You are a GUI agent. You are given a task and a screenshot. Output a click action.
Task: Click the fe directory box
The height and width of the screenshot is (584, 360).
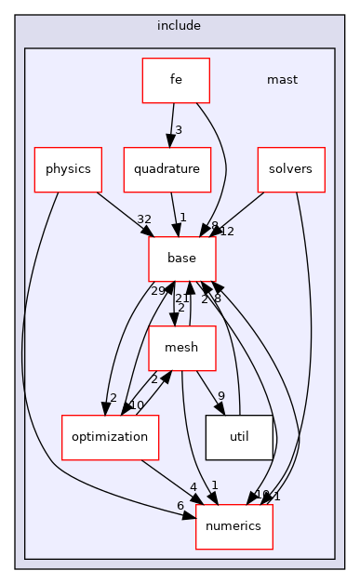point(175,80)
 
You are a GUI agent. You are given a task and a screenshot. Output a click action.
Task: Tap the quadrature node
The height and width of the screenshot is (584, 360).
point(167,169)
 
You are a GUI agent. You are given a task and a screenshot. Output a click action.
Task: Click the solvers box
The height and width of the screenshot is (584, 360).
point(291,169)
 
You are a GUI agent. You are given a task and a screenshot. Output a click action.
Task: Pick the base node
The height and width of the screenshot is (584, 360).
point(182,259)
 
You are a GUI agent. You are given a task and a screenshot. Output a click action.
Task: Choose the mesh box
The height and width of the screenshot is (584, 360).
point(182,349)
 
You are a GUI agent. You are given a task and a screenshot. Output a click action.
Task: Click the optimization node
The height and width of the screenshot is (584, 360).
point(98,437)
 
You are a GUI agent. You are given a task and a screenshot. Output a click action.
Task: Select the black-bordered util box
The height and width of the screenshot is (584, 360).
point(239,437)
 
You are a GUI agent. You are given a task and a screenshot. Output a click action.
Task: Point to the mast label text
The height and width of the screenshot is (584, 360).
point(282,80)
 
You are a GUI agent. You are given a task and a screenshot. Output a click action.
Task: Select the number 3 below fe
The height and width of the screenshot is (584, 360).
point(179,129)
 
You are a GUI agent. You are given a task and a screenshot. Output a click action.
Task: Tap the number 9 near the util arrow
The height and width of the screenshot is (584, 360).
point(220,397)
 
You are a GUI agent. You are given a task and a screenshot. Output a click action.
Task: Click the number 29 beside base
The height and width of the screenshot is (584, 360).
point(158,291)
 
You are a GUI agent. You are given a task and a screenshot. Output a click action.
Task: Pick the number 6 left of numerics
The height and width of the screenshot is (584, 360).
point(180,505)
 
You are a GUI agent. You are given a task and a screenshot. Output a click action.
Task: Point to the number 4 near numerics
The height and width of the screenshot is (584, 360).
point(193,487)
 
